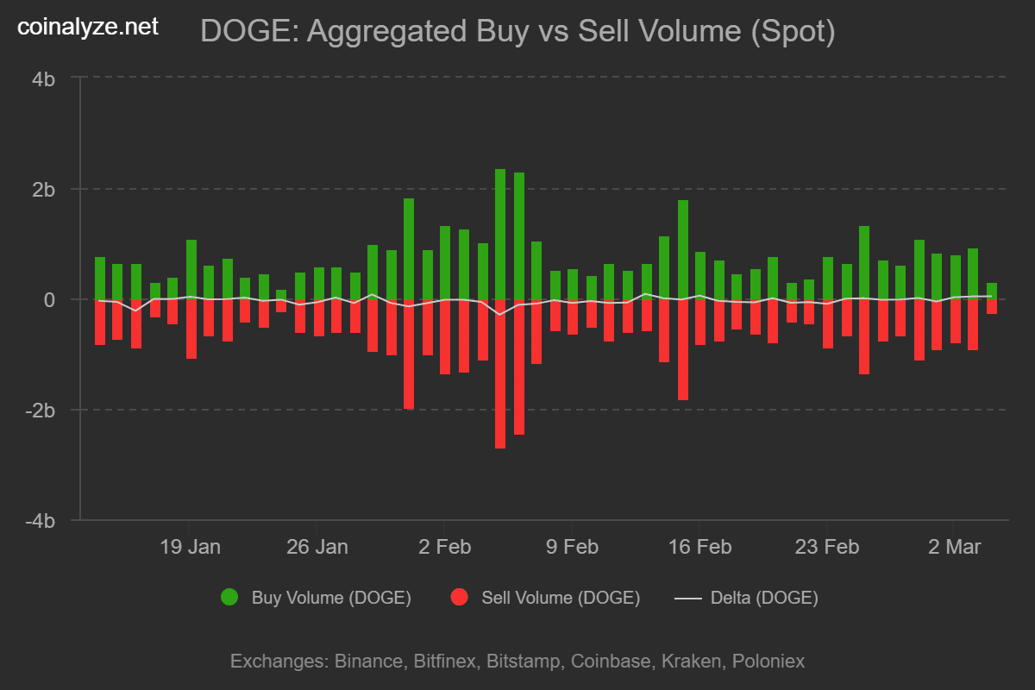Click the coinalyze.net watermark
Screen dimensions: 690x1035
pos(89,27)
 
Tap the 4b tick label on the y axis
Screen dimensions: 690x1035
pos(43,78)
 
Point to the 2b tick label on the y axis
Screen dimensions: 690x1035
pos(43,189)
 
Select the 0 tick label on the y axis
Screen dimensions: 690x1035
pos(49,299)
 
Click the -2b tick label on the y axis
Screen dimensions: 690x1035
pos(40,410)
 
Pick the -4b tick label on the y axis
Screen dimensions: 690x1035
pos(40,520)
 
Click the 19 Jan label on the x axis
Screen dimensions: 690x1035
pos(190,547)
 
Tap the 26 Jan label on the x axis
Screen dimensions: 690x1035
pos(317,547)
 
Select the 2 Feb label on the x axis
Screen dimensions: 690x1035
pos(444,547)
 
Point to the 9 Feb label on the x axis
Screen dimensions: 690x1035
pos(572,547)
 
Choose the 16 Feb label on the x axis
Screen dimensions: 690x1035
pos(699,547)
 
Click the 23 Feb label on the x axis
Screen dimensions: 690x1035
pos(827,547)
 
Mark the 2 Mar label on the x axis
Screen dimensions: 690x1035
pos(953,547)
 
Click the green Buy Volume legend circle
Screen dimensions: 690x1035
pos(229,597)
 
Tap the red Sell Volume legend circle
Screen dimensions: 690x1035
pos(459,597)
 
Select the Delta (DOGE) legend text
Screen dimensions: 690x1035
pos(763,597)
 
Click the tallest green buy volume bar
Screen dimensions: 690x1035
pos(500,234)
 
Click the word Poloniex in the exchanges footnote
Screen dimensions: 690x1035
pos(768,662)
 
